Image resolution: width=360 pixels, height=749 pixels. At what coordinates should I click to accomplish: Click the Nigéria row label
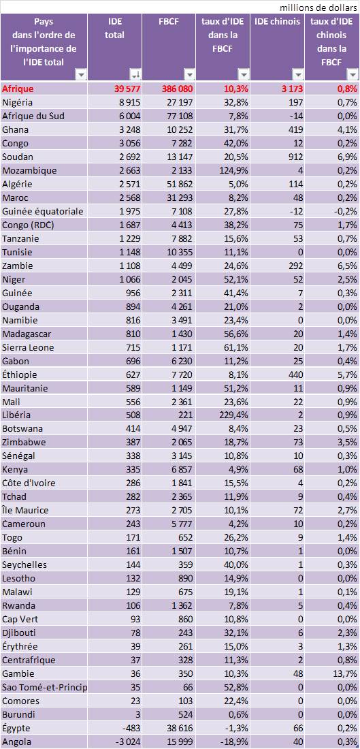click(x=17, y=102)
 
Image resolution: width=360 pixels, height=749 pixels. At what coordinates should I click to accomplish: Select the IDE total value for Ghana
click(x=129, y=129)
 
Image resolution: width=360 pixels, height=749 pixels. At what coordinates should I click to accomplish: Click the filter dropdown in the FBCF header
click(x=190, y=74)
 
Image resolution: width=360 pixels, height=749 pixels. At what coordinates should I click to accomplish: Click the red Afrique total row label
click(x=17, y=89)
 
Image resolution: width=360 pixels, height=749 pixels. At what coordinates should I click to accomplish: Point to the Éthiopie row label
click(x=20, y=374)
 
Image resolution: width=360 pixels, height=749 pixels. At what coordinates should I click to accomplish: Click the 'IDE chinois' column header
click(x=277, y=22)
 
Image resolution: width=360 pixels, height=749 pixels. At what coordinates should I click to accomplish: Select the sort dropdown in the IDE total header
click(x=135, y=74)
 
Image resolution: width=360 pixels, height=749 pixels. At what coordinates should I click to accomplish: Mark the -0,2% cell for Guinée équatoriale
click(x=345, y=211)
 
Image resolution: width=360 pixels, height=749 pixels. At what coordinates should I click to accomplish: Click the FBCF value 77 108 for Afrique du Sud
click(x=179, y=116)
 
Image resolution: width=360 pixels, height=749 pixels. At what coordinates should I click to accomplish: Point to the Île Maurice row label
click(x=25, y=510)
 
